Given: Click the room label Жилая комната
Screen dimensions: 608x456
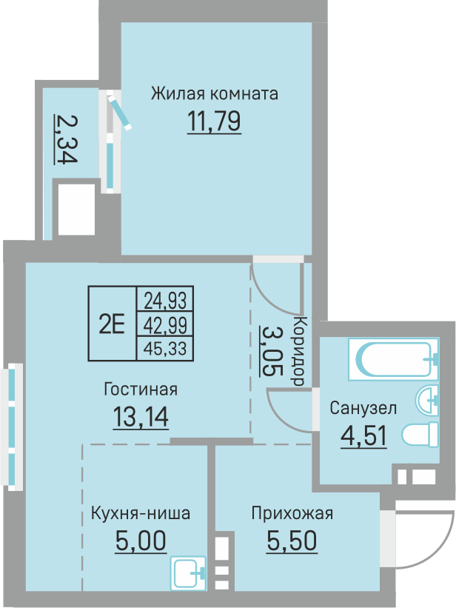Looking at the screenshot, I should pyautogui.click(x=215, y=94).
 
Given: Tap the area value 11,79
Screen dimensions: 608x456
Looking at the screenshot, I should pyautogui.click(x=215, y=120).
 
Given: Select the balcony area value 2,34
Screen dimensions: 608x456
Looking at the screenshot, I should pyautogui.click(x=65, y=138).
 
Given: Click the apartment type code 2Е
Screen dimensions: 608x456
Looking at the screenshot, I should pyautogui.click(x=112, y=324).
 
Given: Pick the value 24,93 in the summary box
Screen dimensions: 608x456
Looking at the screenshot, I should pyautogui.click(x=164, y=300).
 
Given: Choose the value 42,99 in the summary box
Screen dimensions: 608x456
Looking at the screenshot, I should pyautogui.click(x=164, y=324).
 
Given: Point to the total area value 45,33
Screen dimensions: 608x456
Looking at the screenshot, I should pyautogui.click(x=164, y=347).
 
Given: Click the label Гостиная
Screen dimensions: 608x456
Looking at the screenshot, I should pyautogui.click(x=141, y=389).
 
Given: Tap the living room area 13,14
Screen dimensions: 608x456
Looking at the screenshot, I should pyautogui.click(x=141, y=417).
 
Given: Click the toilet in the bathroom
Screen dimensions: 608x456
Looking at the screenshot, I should pyautogui.click(x=420, y=435).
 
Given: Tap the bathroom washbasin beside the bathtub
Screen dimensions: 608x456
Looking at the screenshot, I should pyautogui.click(x=429, y=401).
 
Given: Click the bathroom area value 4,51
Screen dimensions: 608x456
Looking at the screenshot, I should pyautogui.click(x=363, y=435).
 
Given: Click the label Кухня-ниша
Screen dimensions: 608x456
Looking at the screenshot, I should pyautogui.click(x=141, y=513).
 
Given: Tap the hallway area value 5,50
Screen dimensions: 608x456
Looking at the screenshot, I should pyautogui.click(x=292, y=541).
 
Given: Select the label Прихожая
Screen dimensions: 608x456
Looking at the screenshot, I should pyautogui.click(x=292, y=513).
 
